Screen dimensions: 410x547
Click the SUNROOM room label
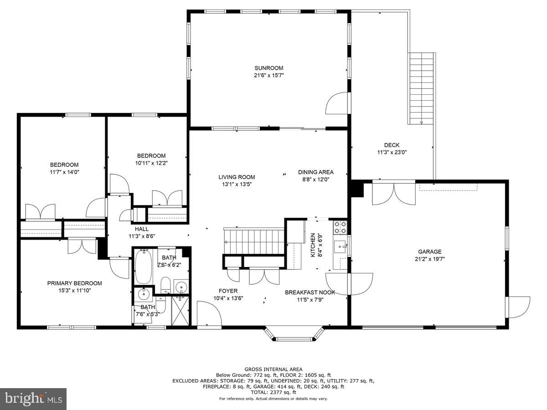tap(268, 68)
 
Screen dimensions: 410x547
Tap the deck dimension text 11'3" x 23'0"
tap(392, 153)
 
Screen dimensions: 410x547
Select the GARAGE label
tap(429, 251)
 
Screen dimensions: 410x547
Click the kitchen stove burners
tap(341, 225)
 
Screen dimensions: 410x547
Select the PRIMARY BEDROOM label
tap(74, 283)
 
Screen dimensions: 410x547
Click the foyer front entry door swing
tap(209, 314)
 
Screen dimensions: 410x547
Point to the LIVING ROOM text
tap(236, 177)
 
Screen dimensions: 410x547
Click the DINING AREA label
tap(316, 172)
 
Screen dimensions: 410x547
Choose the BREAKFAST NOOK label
tap(310, 292)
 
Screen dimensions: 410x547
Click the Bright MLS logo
tap(33, 399)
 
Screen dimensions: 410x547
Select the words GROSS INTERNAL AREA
tap(273, 369)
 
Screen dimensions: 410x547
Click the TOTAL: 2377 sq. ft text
tap(273, 392)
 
